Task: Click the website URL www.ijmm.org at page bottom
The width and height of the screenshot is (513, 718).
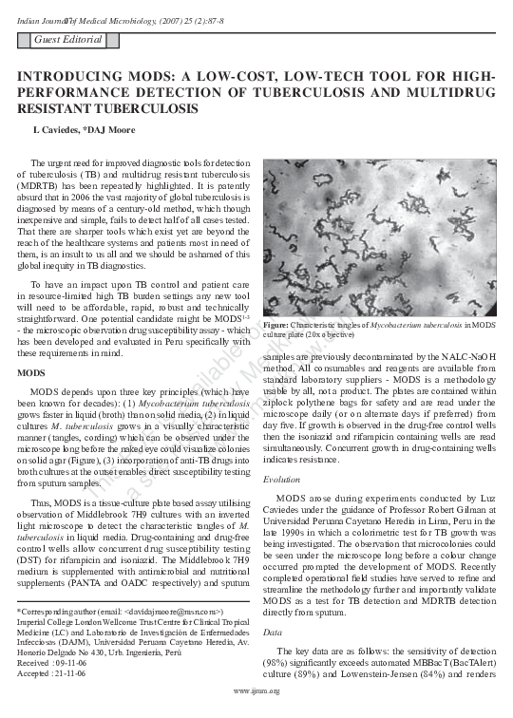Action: (x=256, y=704)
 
